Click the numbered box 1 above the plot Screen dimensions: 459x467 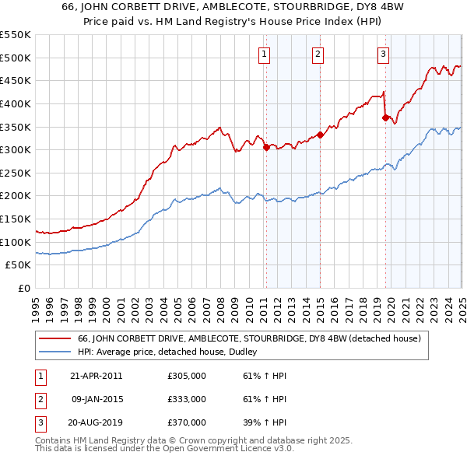pyautogui.click(x=265, y=54)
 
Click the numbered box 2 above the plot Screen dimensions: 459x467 pyautogui.click(x=319, y=54)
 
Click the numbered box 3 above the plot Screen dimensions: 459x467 pyautogui.click(x=384, y=54)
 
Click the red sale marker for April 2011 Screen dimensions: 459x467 pyautogui.click(x=266, y=147)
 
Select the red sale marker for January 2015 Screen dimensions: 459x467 pyautogui.click(x=320, y=134)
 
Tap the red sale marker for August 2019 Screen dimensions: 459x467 pyautogui.click(x=385, y=117)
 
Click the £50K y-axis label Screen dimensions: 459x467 pyautogui.click(x=19, y=265)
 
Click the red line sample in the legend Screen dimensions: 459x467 pyautogui.click(x=55, y=338)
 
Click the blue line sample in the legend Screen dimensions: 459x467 pyautogui.click(x=55, y=352)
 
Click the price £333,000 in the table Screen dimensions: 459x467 pyautogui.click(x=187, y=399)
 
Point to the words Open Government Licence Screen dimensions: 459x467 pyautogui.click(x=231, y=449)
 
